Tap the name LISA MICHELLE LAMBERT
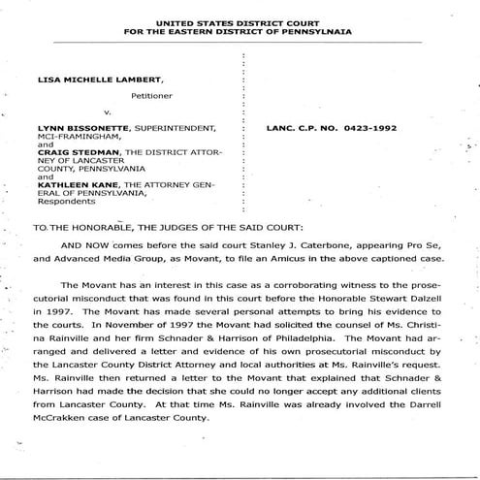pyautogui.click(x=90, y=84)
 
